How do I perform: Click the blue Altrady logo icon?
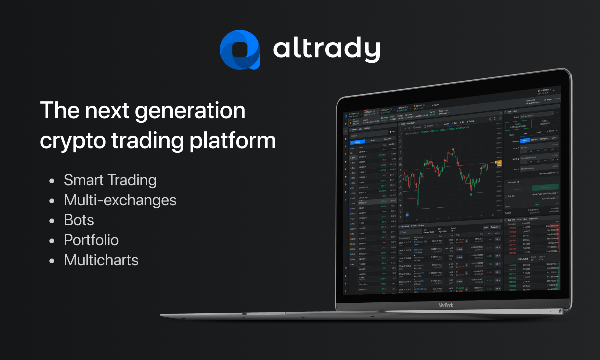[240, 49]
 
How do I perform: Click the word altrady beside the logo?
[326, 50]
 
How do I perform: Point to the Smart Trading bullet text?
[110, 180]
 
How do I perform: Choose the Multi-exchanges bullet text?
[120, 200]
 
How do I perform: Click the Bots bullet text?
[79, 220]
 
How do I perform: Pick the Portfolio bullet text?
[91, 240]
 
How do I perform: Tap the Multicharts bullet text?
[101, 260]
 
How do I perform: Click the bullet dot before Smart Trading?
[52, 181]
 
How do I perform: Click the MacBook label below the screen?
[445, 305]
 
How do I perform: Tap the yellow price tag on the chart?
[498, 163]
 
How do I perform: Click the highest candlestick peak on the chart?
[452, 148]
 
